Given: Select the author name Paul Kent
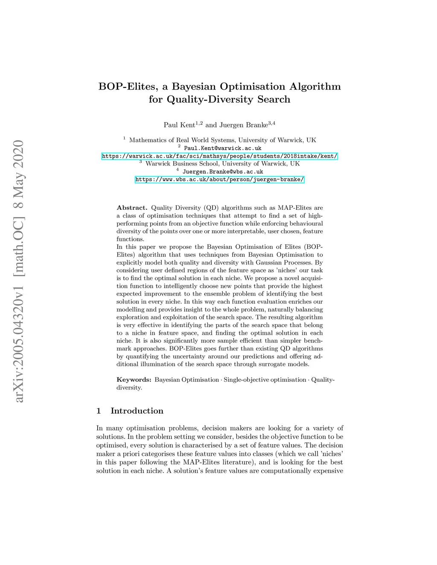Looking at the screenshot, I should (x=179, y=125).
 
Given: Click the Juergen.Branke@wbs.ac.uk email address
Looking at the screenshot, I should (x=222, y=172).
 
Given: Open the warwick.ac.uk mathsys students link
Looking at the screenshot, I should (x=220, y=156).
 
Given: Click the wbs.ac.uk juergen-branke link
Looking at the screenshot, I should (x=220, y=180).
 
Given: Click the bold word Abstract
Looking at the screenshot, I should (x=132, y=208).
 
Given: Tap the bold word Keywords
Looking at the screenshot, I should (x=134, y=380).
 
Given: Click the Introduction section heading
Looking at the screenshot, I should (x=137, y=411).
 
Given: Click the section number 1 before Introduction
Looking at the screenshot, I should (x=99, y=411).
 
